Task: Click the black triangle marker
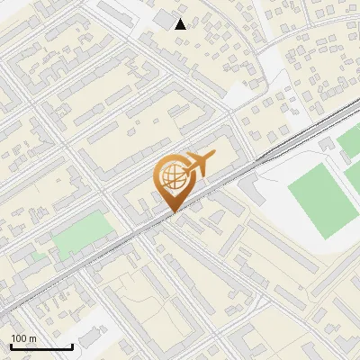[x=181, y=23]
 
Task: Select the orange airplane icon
[x=197, y=164]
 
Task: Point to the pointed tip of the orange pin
[x=173, y=211]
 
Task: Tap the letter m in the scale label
[x=32, y=338]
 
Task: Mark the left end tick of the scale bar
[x=10, y=346]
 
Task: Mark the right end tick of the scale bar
[x=72, y=346]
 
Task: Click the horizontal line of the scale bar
[x=40, y=347]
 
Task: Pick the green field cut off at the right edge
[x=351, y=141]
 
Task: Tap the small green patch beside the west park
[x=39, y=256]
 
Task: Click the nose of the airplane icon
[x=213, y=157]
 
